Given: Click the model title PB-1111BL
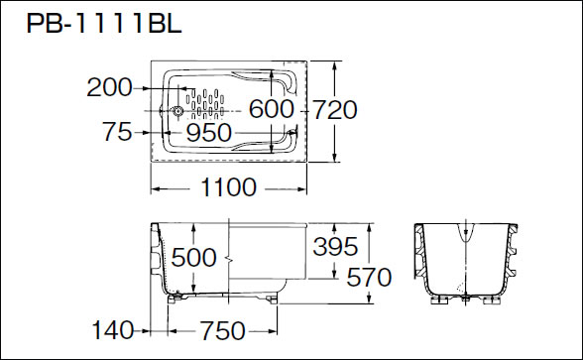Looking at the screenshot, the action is pyautogui.click(x=104, y=23).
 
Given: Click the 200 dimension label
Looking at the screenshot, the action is pyautogui.click(x=109, y=87).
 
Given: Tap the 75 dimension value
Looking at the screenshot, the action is pyautogui.click(x=117, y=131).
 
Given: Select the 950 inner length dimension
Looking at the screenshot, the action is pyautogui.click(x=208, y=133).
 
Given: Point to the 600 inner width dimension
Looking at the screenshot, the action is pyautogui.click(x=271, y=109).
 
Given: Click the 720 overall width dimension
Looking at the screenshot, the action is pyautogui.click(x=335, y=110).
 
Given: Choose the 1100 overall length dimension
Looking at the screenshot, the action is pyautogui.click(x=228, y=187).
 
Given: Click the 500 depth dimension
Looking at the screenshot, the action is pyautogui.click(x=193, y=257).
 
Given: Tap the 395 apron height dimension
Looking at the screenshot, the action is pyautogui.click(x=335, y=246).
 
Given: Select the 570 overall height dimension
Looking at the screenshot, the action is pyautogui.click(x=369, y=278).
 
